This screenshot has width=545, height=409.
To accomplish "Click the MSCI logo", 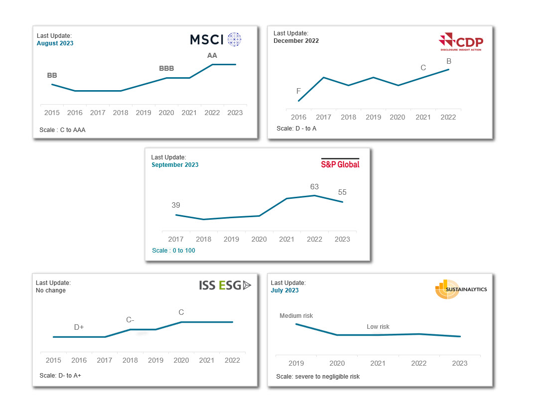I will [216, 39].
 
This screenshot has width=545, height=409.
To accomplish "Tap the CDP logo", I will [460, 42].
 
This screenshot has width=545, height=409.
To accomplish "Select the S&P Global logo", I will [340, 163].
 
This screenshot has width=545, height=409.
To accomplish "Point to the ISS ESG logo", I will [225, 285].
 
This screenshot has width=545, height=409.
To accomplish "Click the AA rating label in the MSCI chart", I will [212, 55].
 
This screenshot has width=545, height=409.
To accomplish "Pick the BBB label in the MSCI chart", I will [166, 69].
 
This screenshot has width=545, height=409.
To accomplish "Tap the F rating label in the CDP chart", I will [298, 91].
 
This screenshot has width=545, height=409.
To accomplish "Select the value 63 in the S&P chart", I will [314, 187].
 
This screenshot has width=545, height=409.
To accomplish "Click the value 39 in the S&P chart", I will [176, 205].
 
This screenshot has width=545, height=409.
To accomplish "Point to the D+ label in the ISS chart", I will [79, 327].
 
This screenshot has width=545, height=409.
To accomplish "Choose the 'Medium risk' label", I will [296, 316].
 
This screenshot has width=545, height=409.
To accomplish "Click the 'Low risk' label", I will [378, 327].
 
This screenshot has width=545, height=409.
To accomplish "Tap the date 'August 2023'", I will [55, 43].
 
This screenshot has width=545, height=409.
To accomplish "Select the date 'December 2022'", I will [296, 41].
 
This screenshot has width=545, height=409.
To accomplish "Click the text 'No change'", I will [51, 290].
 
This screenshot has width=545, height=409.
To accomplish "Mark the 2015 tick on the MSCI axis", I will [52, 113].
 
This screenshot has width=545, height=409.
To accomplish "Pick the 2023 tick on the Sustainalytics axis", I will [459, 363].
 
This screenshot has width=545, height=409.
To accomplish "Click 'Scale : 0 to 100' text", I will [174, 251].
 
